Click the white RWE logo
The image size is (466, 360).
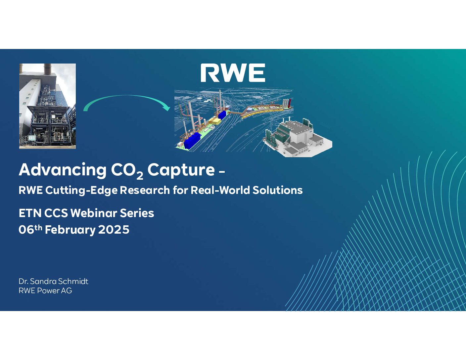233,73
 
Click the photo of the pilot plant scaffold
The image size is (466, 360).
47,106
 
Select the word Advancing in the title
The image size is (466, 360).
63,170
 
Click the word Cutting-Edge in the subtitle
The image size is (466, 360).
81,190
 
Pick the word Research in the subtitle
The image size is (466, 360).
145,190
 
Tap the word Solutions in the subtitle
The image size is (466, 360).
277,190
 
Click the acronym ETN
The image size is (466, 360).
30,213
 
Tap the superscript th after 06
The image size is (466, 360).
38,227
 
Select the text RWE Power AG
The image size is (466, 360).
45,291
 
